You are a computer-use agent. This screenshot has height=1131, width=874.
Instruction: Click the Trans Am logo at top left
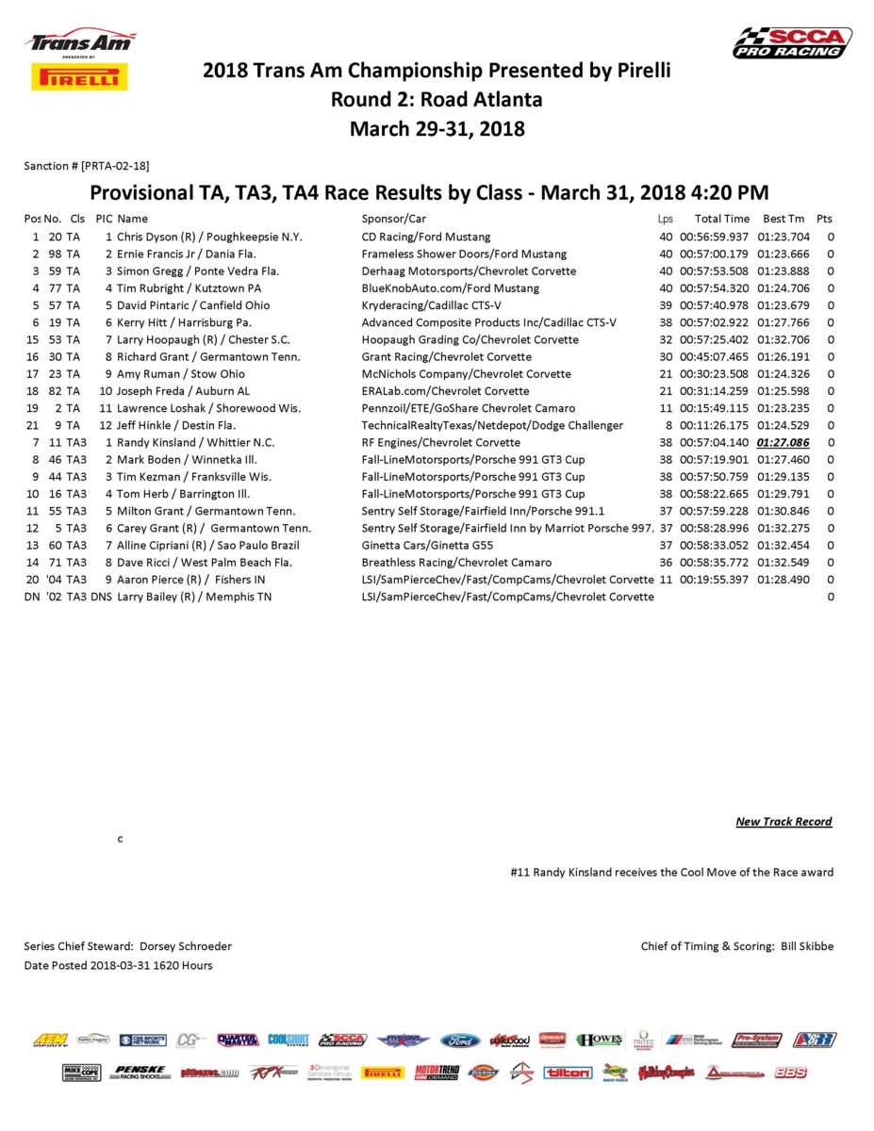[x=80, y=42]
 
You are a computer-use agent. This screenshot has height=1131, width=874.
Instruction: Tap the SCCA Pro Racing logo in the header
[x=792, y=42]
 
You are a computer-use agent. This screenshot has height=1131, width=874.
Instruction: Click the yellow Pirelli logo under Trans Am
[x=80, y=77]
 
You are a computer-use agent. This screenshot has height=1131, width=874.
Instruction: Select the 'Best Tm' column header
[x=783, y=219]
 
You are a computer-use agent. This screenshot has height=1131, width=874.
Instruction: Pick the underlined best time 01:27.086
[x=783, y=442]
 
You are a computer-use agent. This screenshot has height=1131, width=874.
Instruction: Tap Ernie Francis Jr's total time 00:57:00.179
[x=714, y=254]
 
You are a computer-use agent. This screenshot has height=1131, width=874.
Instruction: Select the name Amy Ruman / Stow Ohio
[x=181, y=374]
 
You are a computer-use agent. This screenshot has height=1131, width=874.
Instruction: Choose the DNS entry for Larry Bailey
[x=101, y=597]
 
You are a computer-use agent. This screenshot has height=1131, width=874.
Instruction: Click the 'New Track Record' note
[x=783, y=822]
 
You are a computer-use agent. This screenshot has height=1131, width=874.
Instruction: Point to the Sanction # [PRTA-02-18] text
[x=86, y=166]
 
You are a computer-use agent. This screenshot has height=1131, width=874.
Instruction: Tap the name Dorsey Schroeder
[x=187, y=946]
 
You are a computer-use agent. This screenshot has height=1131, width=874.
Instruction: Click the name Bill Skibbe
[x=807, y=946]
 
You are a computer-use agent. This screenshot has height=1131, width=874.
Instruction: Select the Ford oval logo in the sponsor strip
[x=460, y=1041]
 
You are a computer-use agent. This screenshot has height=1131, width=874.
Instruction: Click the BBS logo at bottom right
[x=790, y=1073]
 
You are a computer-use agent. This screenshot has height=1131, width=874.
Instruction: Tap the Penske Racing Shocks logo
[x=140, y=1073]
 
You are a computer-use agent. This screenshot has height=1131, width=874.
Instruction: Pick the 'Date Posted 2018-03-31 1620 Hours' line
[x=118, y=965]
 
